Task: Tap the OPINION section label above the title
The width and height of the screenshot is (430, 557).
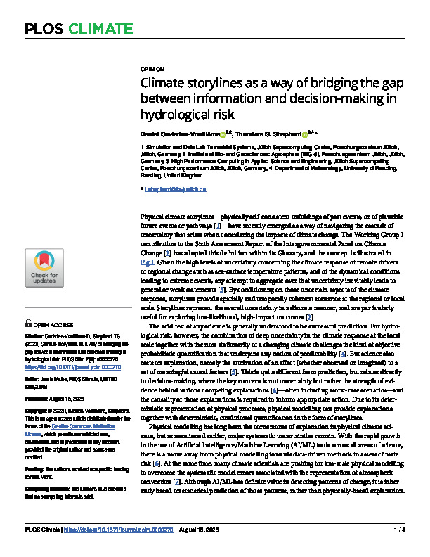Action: point(152,70)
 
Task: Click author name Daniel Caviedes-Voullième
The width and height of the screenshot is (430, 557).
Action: point(180,134)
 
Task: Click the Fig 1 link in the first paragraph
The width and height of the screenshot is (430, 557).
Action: point(150,260)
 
